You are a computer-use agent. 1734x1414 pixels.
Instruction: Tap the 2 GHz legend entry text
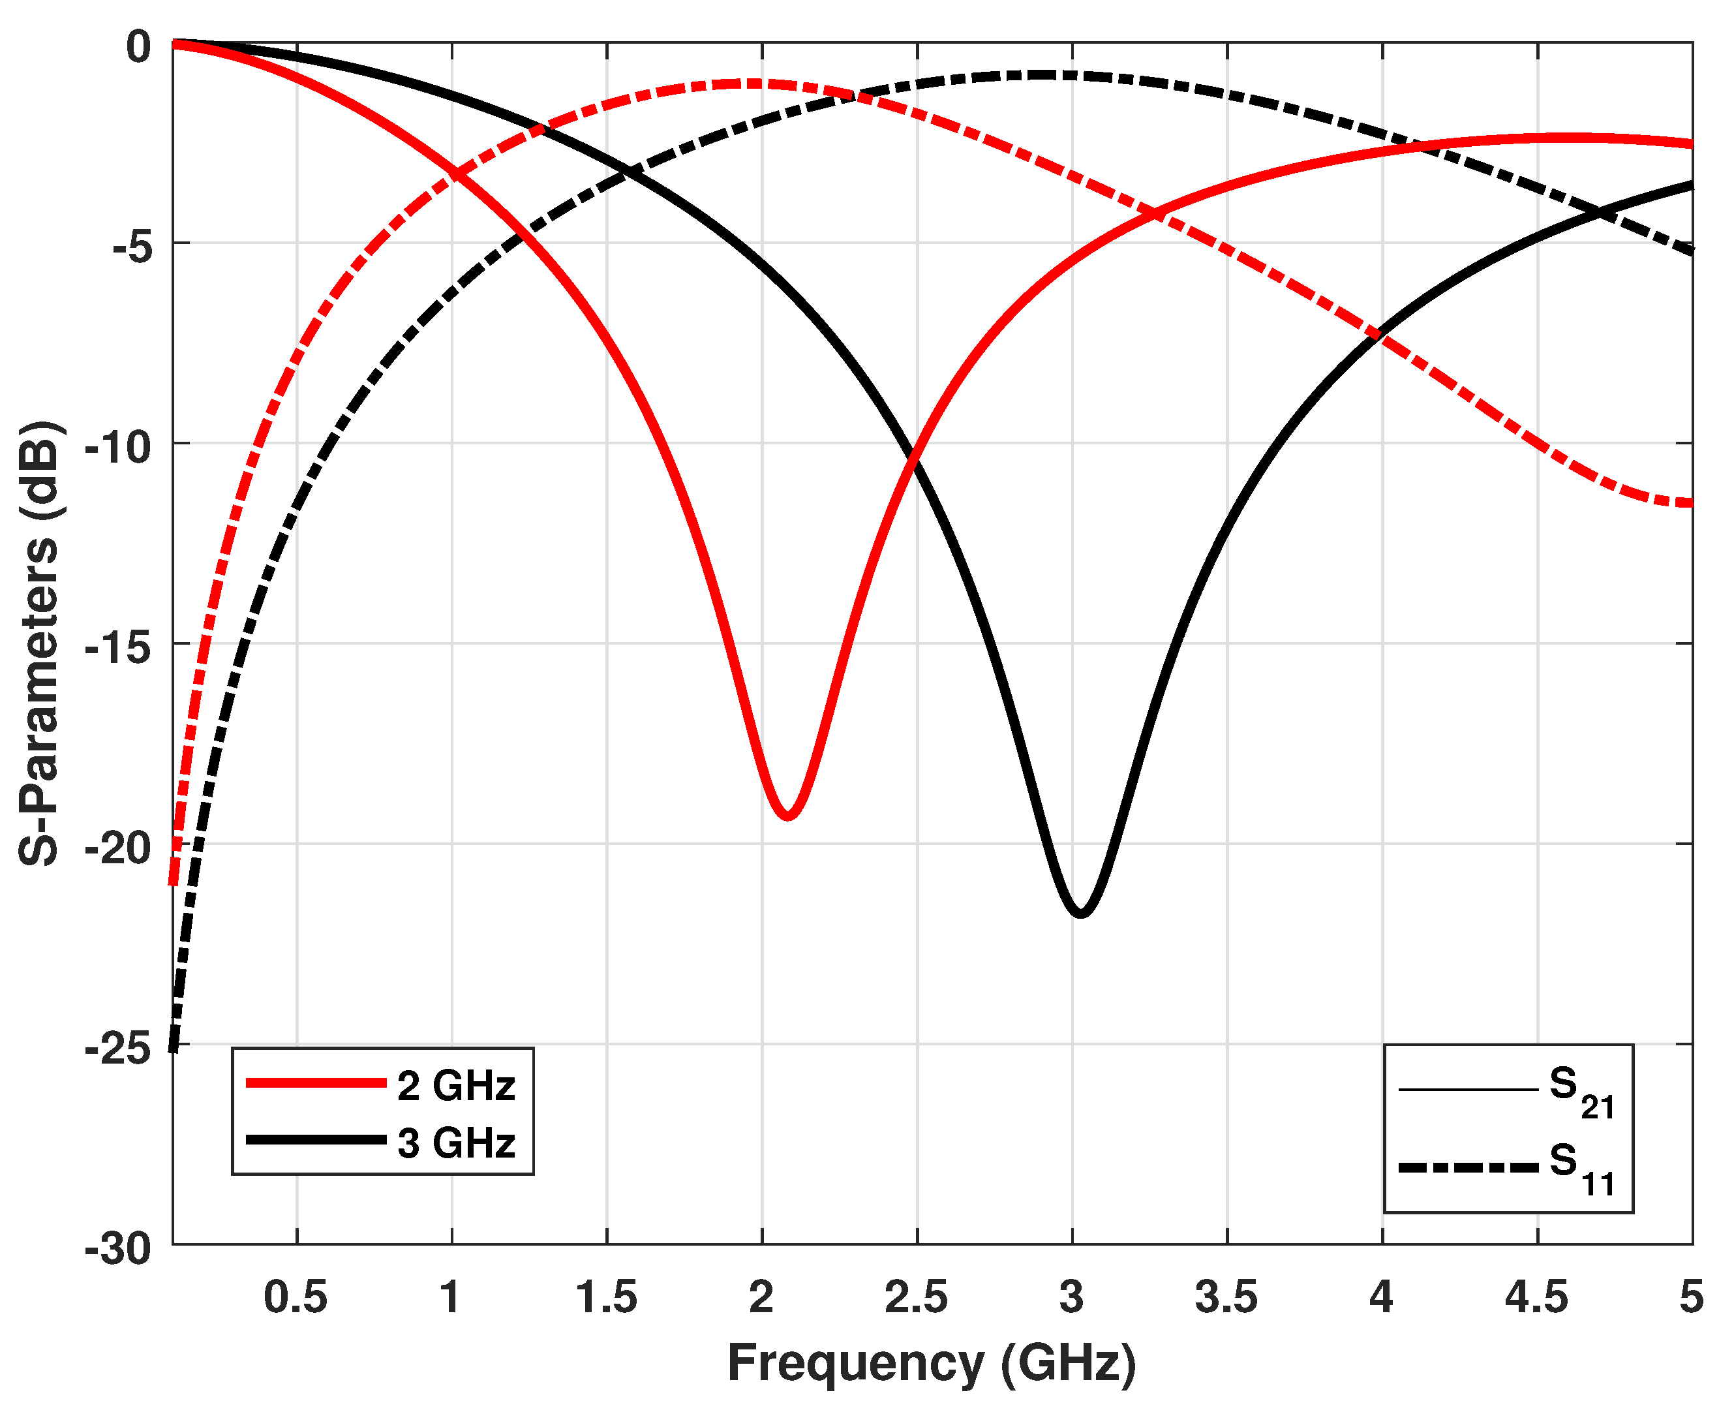456,1086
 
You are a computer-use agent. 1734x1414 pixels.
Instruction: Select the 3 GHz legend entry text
456,1143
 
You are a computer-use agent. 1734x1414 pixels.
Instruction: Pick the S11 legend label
1581,1167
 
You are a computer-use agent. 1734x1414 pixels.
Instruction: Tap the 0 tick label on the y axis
138,46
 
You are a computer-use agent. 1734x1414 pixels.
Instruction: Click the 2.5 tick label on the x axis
917,1297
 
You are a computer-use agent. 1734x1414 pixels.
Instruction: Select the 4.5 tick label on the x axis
1536,1297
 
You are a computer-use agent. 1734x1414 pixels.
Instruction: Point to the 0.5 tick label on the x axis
296,1297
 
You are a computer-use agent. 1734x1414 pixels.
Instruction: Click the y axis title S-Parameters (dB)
39,643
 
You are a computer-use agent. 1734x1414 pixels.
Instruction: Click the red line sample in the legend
316,1083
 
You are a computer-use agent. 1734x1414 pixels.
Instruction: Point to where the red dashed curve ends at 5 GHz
1691,503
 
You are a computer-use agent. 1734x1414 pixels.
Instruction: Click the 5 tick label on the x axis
1691,1297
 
